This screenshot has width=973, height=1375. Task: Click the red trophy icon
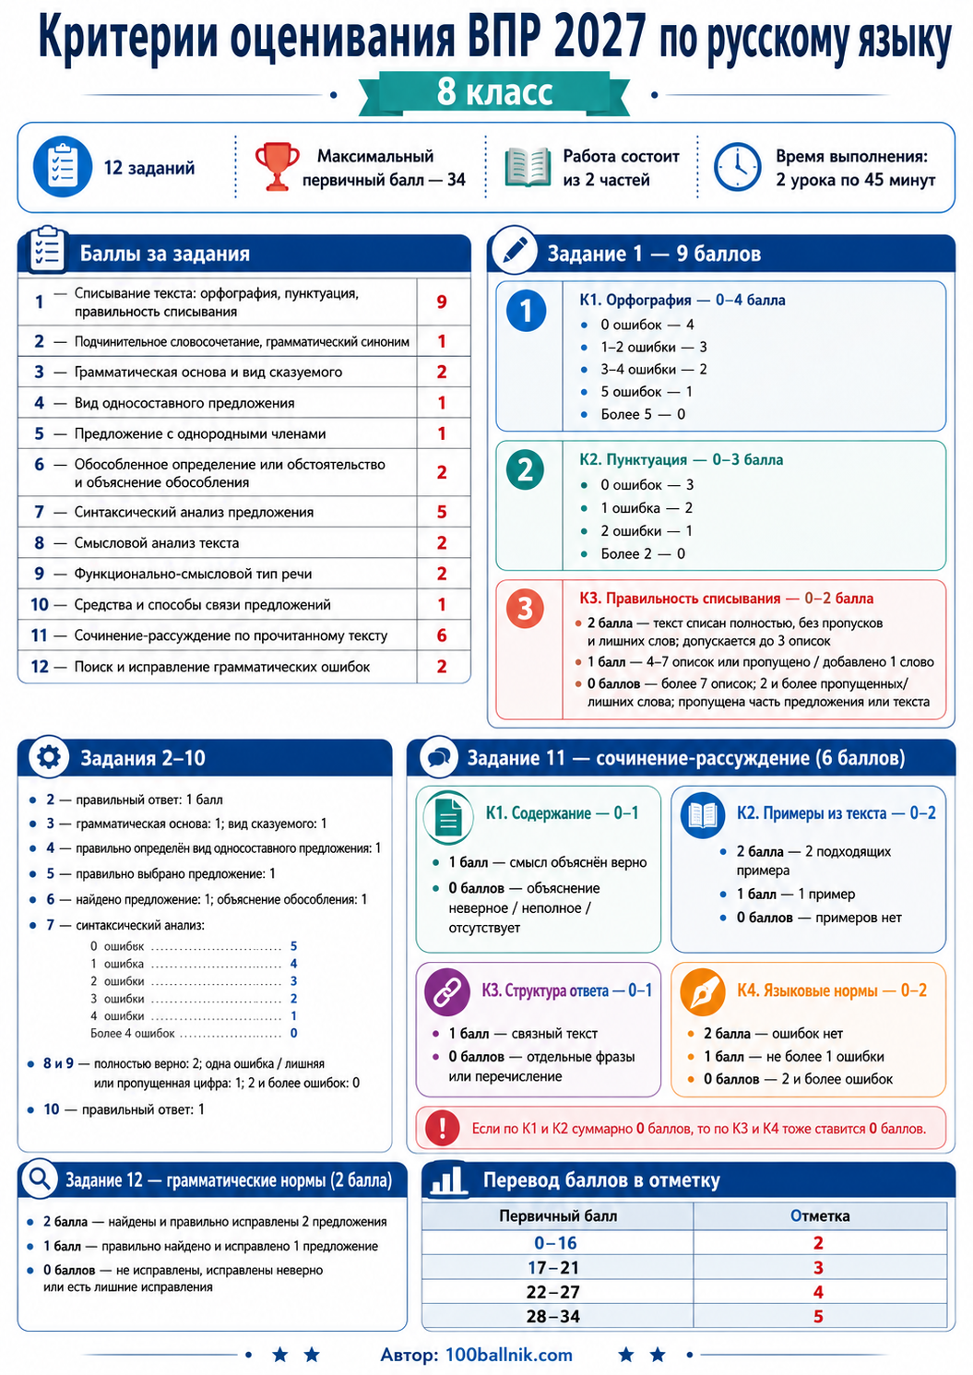tap(278, 166)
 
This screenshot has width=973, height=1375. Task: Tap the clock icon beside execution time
tap(737, 167)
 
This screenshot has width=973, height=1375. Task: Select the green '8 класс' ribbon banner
tap(494, 93)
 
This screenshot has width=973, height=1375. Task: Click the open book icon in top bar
tap(528, 167)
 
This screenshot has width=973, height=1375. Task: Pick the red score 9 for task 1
tap(442, 302)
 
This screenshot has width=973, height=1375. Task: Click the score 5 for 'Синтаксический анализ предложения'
tap(442, 512)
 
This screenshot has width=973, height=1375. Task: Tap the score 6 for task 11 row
tap(442, 635)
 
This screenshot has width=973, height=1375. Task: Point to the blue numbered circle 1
tap(526, 311)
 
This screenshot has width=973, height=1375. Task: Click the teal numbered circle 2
tap(526, 470)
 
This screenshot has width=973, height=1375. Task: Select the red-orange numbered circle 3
tap(525, 609)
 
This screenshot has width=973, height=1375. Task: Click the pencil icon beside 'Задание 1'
tap(515, 251)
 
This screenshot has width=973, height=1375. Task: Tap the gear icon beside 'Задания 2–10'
tap(49, 757)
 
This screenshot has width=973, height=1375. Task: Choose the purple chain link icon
tap(447, 992)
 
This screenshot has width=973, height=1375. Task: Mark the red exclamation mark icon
tap(442, 1128)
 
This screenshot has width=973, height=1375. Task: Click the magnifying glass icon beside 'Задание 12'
tap(40, 1178)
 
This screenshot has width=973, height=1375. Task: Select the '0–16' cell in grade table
tap(555, 1243)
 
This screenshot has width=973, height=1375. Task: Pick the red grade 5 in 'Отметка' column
tap(818, 1317)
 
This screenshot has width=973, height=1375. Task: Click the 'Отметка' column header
tap(820, 1216)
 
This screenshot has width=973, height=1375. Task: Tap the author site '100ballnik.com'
tap(509, 1356)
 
